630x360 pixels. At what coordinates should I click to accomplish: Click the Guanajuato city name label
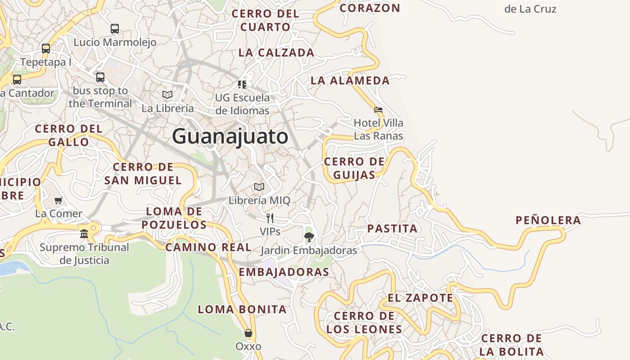(x=230, y=136)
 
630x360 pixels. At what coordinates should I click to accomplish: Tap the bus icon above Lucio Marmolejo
(x=115, y=29)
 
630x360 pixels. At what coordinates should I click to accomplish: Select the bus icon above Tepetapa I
(x=46, y=49)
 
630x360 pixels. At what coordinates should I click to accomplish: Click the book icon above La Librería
(x=167, y=94)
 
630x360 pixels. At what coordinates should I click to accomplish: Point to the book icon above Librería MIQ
(x=259, y=187)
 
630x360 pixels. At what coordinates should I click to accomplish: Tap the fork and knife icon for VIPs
(x=270, y=218)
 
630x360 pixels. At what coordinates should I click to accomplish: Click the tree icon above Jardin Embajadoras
(x=309, y=237)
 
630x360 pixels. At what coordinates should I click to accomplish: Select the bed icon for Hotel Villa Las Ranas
(x=378, y=109)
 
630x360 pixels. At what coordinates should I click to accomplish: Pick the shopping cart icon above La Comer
(x=58, y=200)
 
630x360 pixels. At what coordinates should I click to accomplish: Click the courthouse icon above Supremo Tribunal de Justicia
(x=84, y=234)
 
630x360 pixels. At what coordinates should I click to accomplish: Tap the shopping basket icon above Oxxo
(x=248, y=333)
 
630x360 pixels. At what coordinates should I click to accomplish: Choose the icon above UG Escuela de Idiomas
(x=242, y=84)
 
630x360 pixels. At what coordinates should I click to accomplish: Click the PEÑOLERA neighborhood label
(x=548, y=220)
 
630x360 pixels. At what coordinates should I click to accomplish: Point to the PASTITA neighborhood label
(x=392, y=229)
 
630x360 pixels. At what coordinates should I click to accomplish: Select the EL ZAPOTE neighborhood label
(x=421, y=298)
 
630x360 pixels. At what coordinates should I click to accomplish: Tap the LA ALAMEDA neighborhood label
(x=350, y=81)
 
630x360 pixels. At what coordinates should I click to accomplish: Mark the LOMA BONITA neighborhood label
(x=242, y=310)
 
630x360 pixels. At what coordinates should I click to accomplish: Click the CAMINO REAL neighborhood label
(x=208, y=247)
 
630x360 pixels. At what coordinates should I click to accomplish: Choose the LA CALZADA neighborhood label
(x=276, y=53)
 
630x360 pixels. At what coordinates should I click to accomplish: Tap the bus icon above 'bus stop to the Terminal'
(x=100, y=77)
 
